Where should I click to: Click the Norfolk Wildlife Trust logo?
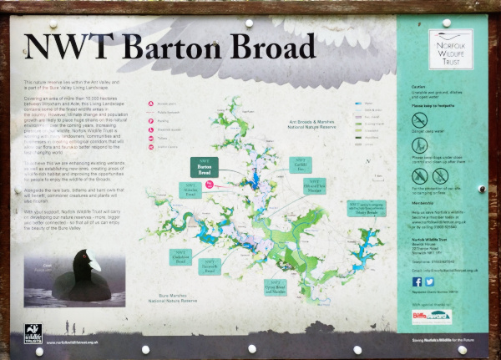[451, 49]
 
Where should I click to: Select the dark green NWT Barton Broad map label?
[204, 166]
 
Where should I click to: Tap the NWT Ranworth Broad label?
[210, 266]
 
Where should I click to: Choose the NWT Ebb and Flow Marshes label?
[315, 186]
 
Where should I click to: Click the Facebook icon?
[417, 281]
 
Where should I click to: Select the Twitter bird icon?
[429, 281]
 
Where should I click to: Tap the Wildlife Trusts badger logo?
[33, 334]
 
